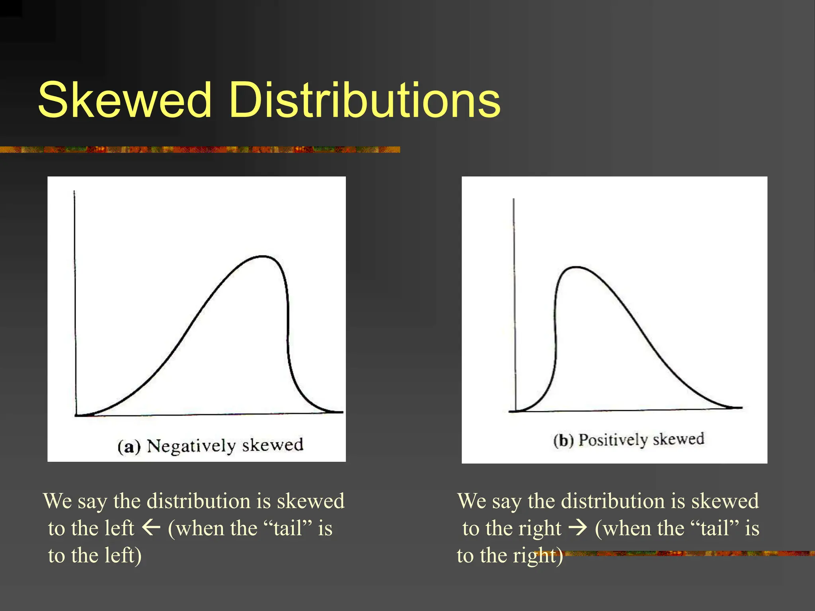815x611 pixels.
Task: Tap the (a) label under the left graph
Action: pos(129,447)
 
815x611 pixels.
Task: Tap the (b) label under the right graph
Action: pos(563,441)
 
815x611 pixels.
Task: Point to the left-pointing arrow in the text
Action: pos(151,528)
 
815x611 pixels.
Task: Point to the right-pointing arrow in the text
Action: pos(578,528)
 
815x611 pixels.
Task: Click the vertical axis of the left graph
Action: pos(75,302)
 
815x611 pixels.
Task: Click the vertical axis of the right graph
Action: pos(514,302)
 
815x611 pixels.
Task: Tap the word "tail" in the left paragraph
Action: pos(287,528)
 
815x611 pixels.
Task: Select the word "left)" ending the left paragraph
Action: pos(123,555)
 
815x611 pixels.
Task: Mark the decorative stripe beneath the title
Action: pos(199,150)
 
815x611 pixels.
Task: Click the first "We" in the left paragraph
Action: pos(58,501)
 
